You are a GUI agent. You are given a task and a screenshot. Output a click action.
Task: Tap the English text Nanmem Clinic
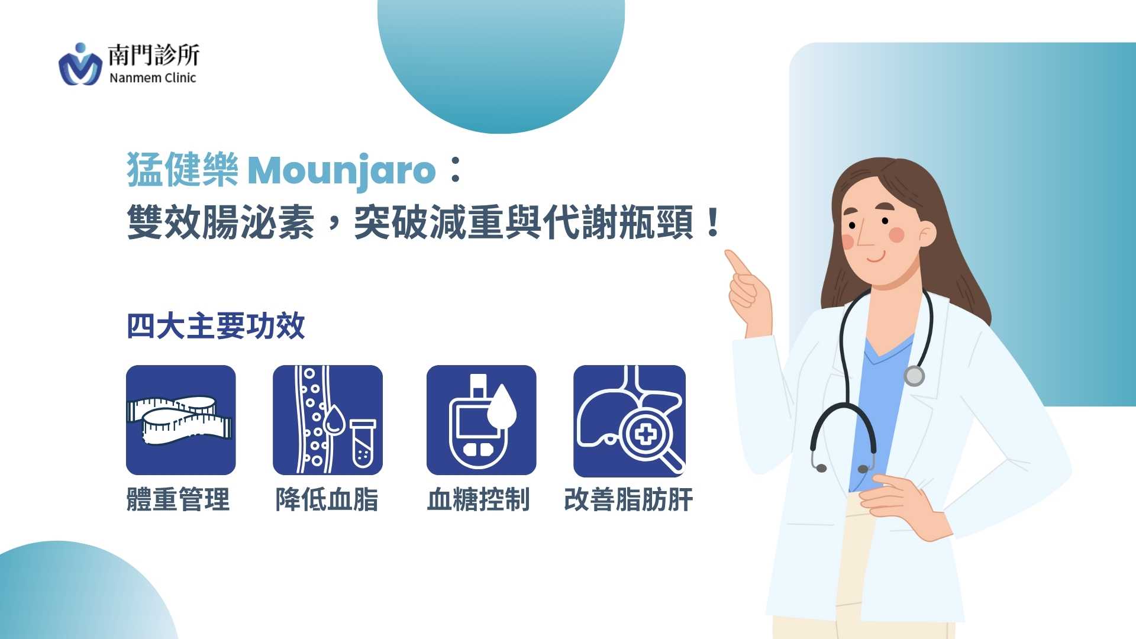(153, 78)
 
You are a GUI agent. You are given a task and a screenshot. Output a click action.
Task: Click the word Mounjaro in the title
(342, 171)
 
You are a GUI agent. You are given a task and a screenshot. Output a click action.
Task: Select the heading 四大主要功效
(216, 326)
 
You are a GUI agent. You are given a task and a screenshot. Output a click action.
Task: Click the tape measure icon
(180, 420)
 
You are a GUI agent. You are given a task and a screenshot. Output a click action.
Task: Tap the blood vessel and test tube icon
(328, 420)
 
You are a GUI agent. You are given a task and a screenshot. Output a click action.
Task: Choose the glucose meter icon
(482, 420)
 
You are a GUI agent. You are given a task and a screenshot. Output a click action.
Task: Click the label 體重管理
(178, 499)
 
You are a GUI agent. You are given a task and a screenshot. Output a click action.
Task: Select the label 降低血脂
(327, 499)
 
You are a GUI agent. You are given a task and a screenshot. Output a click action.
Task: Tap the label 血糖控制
(478, 499)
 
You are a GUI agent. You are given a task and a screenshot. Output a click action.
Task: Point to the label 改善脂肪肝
(628, 499)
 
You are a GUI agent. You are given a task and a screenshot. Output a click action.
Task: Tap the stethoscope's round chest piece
(914, 376)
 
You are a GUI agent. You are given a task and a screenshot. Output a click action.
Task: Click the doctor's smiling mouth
(876, 257)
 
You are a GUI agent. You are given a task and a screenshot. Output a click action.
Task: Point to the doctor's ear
(927, 234)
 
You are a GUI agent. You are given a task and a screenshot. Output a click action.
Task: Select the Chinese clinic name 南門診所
(154, 55)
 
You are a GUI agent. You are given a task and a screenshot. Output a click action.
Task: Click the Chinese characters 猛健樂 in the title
(183, 170)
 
